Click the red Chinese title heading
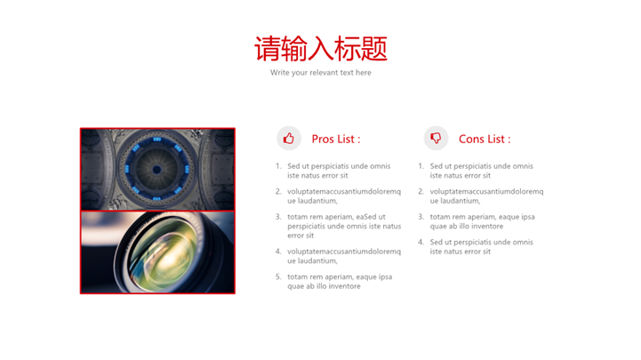coord(321,49)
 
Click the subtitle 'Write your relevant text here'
coord(321,73)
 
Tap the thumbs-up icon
coord(289,139)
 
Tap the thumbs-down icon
coord(436,138)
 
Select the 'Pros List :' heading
coord(336,139)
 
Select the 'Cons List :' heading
coord(485,139)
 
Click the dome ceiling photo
coord(157,170)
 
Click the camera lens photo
coord(157,252)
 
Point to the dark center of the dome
coord(156,169)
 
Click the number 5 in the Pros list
coord(278,277)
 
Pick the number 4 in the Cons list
coord(421,243)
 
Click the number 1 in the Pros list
coord(278,166)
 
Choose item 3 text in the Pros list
coord(344,226)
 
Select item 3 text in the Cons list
coord(483,221)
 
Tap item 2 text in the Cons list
coord(486,196)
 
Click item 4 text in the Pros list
coord(344,256)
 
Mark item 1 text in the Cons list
coord(482,171)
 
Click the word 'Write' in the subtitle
coord(280,72)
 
